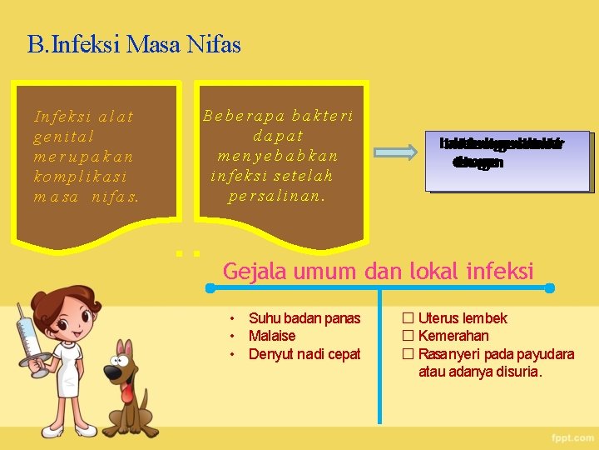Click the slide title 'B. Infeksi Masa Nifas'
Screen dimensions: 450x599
point(134,44)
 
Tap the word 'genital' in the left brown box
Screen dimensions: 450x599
point(64,137)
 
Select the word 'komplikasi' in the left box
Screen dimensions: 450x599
point(77,177)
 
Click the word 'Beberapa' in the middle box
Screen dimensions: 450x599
point(236,116)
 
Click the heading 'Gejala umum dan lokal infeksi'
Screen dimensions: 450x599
point(379,270)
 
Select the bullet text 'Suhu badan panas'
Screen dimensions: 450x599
point(304,318)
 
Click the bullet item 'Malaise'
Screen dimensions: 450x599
point(272,336)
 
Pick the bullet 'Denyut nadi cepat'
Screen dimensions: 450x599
point(304,354)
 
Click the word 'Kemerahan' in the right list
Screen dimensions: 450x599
point(453,336)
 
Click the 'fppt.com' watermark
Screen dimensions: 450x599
point(572,437)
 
